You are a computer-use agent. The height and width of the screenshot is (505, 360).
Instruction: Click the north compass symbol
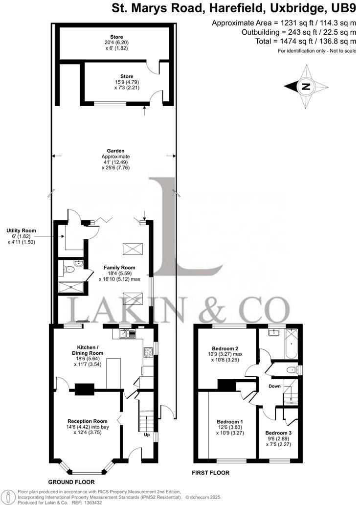tap(306, 87)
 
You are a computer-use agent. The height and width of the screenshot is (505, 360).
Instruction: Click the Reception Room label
tap(88, 421)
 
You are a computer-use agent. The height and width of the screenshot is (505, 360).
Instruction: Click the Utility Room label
tap(21, 230)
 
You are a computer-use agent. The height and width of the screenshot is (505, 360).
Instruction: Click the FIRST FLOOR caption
tap(211, 473)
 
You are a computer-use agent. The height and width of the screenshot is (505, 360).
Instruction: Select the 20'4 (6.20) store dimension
tap(116, 43)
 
